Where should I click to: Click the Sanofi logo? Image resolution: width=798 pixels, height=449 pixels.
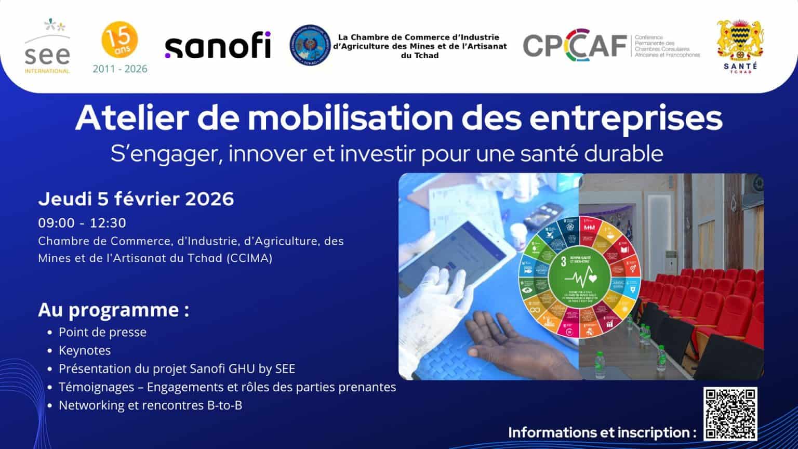click(x=218, y=46)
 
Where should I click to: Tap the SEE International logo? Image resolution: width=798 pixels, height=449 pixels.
click(x=47, y=47)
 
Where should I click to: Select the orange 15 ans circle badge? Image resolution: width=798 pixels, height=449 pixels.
click(x=120, y=39)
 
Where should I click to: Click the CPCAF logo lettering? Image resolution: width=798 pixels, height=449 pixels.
click(x=574, y=46)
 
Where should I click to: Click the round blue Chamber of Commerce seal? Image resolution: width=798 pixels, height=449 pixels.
click(x=310, y=46)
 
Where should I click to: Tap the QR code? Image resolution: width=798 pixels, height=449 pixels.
click(x=730, y=414)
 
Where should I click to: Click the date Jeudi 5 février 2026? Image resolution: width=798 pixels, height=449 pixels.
click(x=136, y=199)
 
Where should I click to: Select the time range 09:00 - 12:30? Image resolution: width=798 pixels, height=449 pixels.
click(x=82, y=223)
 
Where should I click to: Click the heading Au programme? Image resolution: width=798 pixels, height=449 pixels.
click(x=113, y=310)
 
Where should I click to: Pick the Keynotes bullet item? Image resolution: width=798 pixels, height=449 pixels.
click(x=85, y=351)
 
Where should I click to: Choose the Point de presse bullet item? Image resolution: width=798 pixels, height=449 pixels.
click(x=102, y=333)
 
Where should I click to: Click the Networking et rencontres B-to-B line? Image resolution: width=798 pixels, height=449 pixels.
click(x=150, y=405)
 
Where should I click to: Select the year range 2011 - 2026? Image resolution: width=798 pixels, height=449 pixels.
click(x=120, y=69)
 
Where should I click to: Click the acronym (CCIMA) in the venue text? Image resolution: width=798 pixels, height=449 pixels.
click(x=249, y=258)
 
